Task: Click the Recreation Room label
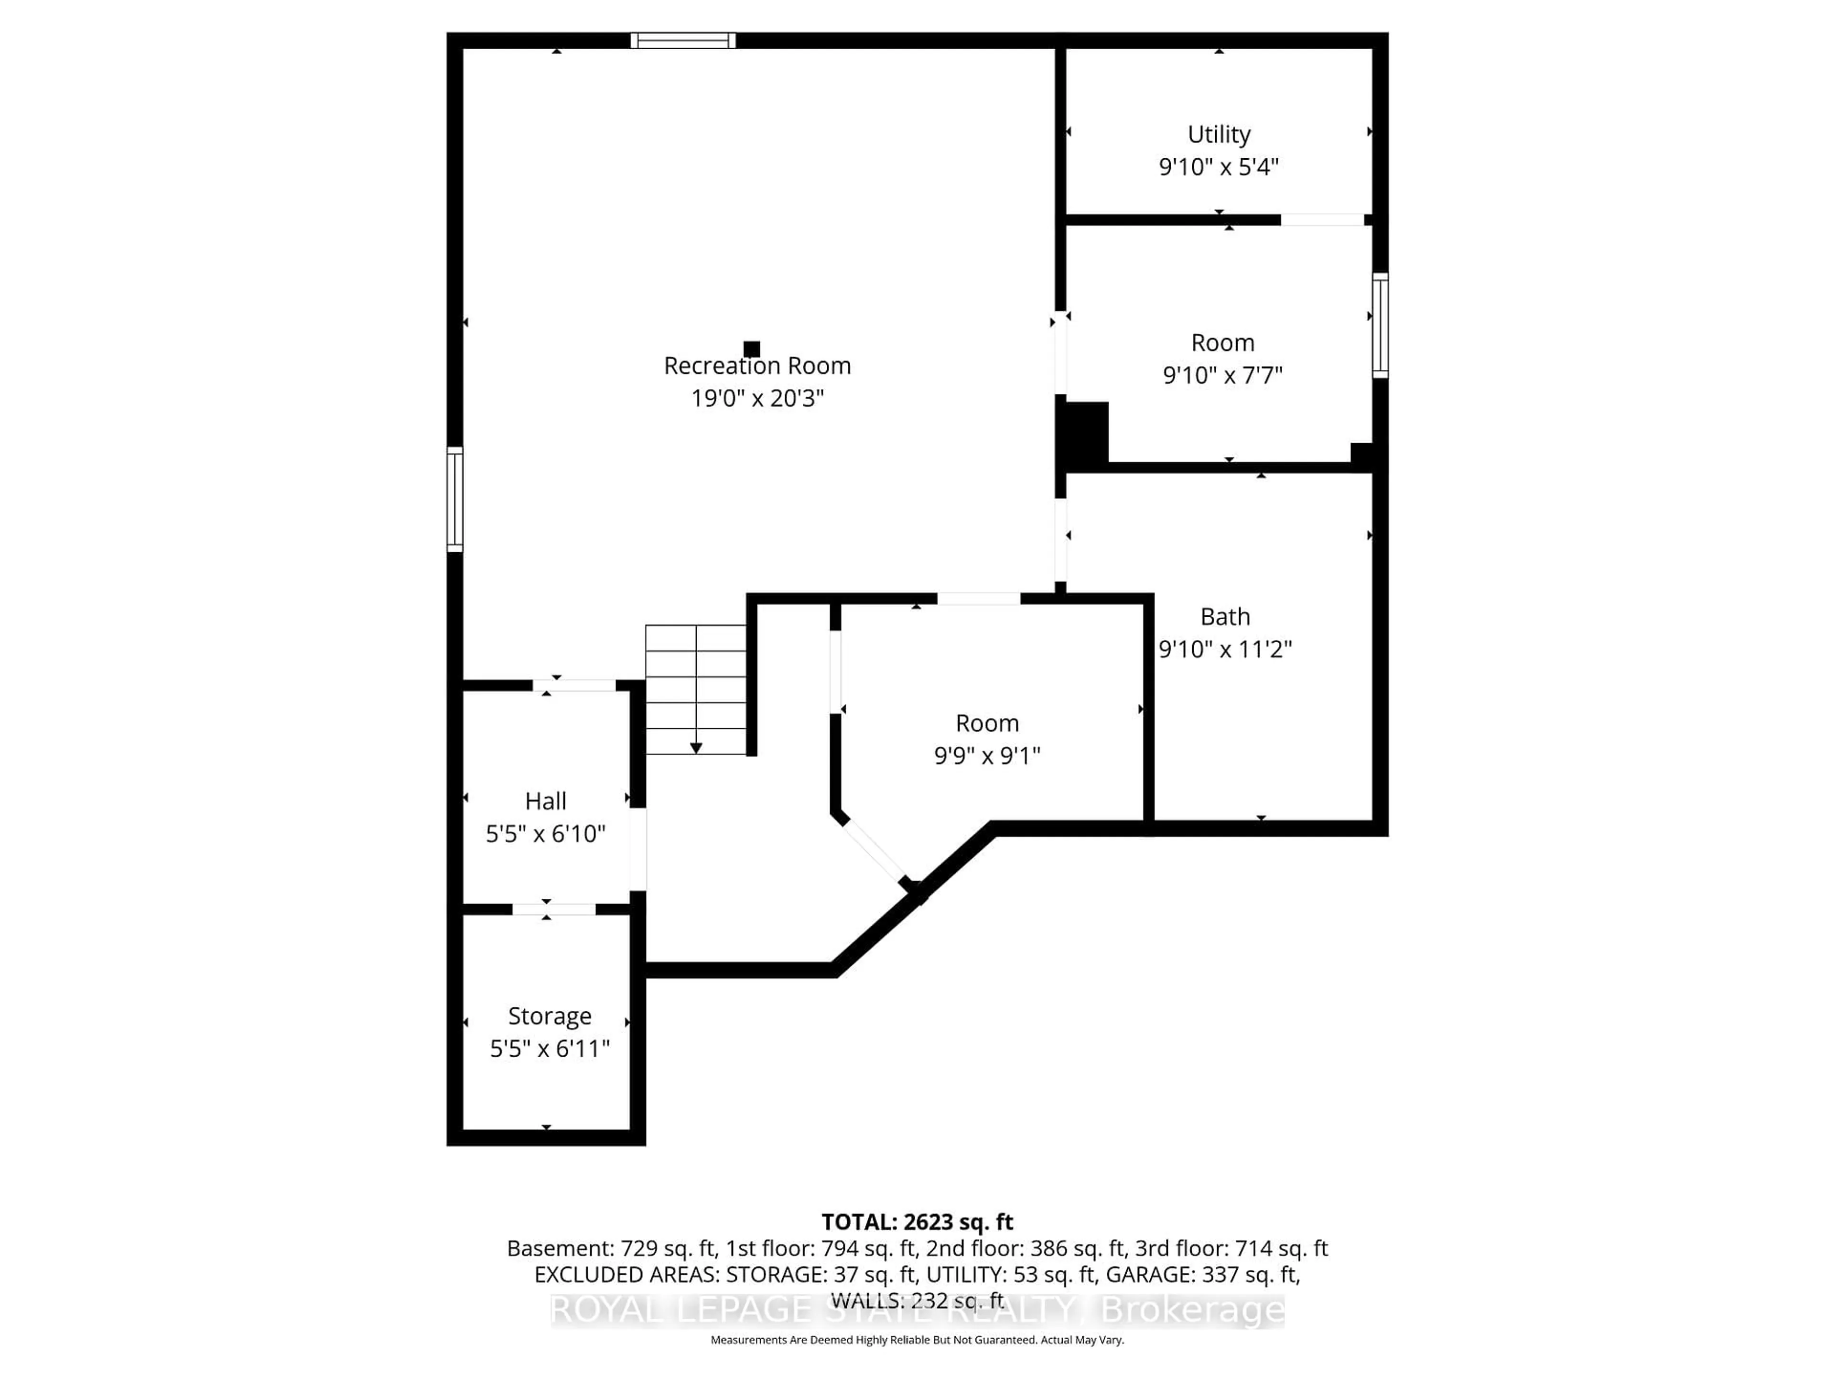[756, 366]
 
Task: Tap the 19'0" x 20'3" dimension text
[756, 398]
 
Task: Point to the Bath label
[1224, 617]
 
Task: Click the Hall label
[545, 801]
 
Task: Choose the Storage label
[549, 1016]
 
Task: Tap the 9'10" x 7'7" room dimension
[1222, 375]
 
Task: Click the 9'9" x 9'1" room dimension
[986, 756]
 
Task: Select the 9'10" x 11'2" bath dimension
[1224, 649]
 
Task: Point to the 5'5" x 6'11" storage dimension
[549, 1049]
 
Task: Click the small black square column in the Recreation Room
[752, 349]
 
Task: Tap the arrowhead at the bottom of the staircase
[696, 748]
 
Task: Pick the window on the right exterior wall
[1380, 326]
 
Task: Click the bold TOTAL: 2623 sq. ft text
[917, 1222]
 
